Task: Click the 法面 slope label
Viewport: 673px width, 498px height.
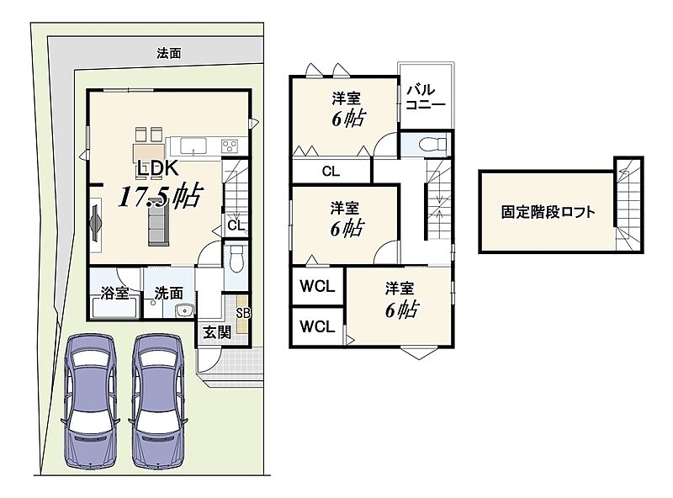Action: pyautogui.click(x=169, y=53)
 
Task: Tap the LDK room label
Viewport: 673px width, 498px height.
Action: pyautogui.click(x=157, y=168)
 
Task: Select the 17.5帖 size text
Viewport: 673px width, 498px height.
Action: pyautogui.click(x=159, y=196)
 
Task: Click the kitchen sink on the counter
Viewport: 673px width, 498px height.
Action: pyautogui.click(x=193, y=146)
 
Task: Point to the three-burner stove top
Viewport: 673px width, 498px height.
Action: pyautogui.click(x=230, y=146)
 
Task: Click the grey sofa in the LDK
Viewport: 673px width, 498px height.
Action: pyautogui.click(x=158, y=224)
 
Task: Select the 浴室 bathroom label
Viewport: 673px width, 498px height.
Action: pyautogui.click(x=114, y=293)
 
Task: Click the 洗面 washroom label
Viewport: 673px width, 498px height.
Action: pyautogui.click(x=169, y=294)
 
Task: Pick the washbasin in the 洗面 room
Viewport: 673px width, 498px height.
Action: pyautogui.click(x=185, y=310)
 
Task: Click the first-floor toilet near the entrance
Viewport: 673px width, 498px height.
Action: pyautogui.click(x=236, y=258)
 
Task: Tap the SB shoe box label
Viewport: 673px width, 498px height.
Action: pyautogui.click(x=242, y=313)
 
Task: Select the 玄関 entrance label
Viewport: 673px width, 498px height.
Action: pyautogui.click(x=217, y=332)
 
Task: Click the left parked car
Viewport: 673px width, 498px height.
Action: pyautogui.click(x=90, y=400)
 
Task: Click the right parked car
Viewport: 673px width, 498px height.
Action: pyautogui.click(x=158, y=400)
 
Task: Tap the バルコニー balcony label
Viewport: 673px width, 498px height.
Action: pyautogui.click(x=426, y=97)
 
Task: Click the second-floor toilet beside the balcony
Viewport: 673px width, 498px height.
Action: pyautogui.click(x=432, y=144)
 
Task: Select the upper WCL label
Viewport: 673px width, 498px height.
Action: pyautogui.click(x=317, y=286)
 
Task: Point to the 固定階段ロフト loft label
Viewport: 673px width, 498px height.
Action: pyautogui.click(x=548, y=212)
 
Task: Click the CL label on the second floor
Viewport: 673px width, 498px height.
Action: pyautogui.click(x=331, y=172)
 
